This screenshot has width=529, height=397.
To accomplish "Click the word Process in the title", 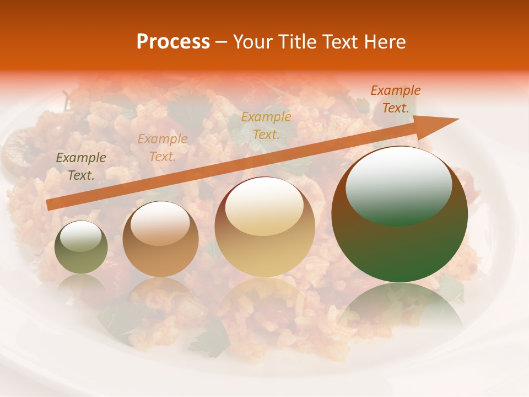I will pyautogui.click(x=173, y=42).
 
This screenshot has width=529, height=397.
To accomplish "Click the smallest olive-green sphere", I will pyautogui.click(x=81, y=248).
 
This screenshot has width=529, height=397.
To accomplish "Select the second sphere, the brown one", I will pyautogui.click(x=160, y=240).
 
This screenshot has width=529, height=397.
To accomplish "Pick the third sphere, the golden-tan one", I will pyautogui.click(x=265, y=227).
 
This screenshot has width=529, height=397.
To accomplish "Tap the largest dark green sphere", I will pyautogui.click(x=400, y=215).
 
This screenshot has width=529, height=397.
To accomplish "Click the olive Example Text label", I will pyautogui.click(x=81, y=166).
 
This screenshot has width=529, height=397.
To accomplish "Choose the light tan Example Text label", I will pyautogui.click(x=163, y=147).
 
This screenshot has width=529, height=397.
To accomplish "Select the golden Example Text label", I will pyautogui.click(x=266, y=125).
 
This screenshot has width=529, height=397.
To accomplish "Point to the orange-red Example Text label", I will pyautogui.click(x=395, y=99).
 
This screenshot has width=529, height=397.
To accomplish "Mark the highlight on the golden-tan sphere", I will pyautogui.click(x=264, y=206).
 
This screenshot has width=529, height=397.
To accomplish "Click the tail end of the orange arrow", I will pyautogui.click(x=50, y=205).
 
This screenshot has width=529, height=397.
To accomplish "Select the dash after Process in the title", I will pyautogui.click(x=222, y=42).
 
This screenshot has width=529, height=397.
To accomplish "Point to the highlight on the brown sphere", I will pyautogui.click(x=160, y=223).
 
